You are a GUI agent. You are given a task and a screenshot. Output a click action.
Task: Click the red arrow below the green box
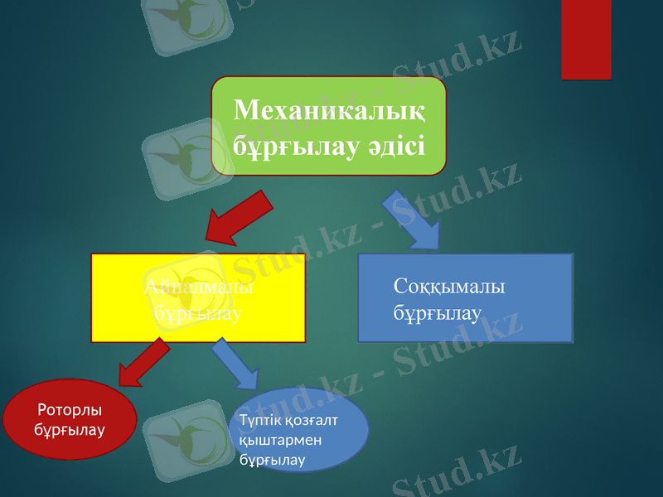click(x=239, y=218)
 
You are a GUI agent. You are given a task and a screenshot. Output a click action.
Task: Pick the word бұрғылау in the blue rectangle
click(x=438, y=315)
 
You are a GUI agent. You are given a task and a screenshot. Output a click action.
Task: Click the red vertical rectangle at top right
click(x=586, y=39)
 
